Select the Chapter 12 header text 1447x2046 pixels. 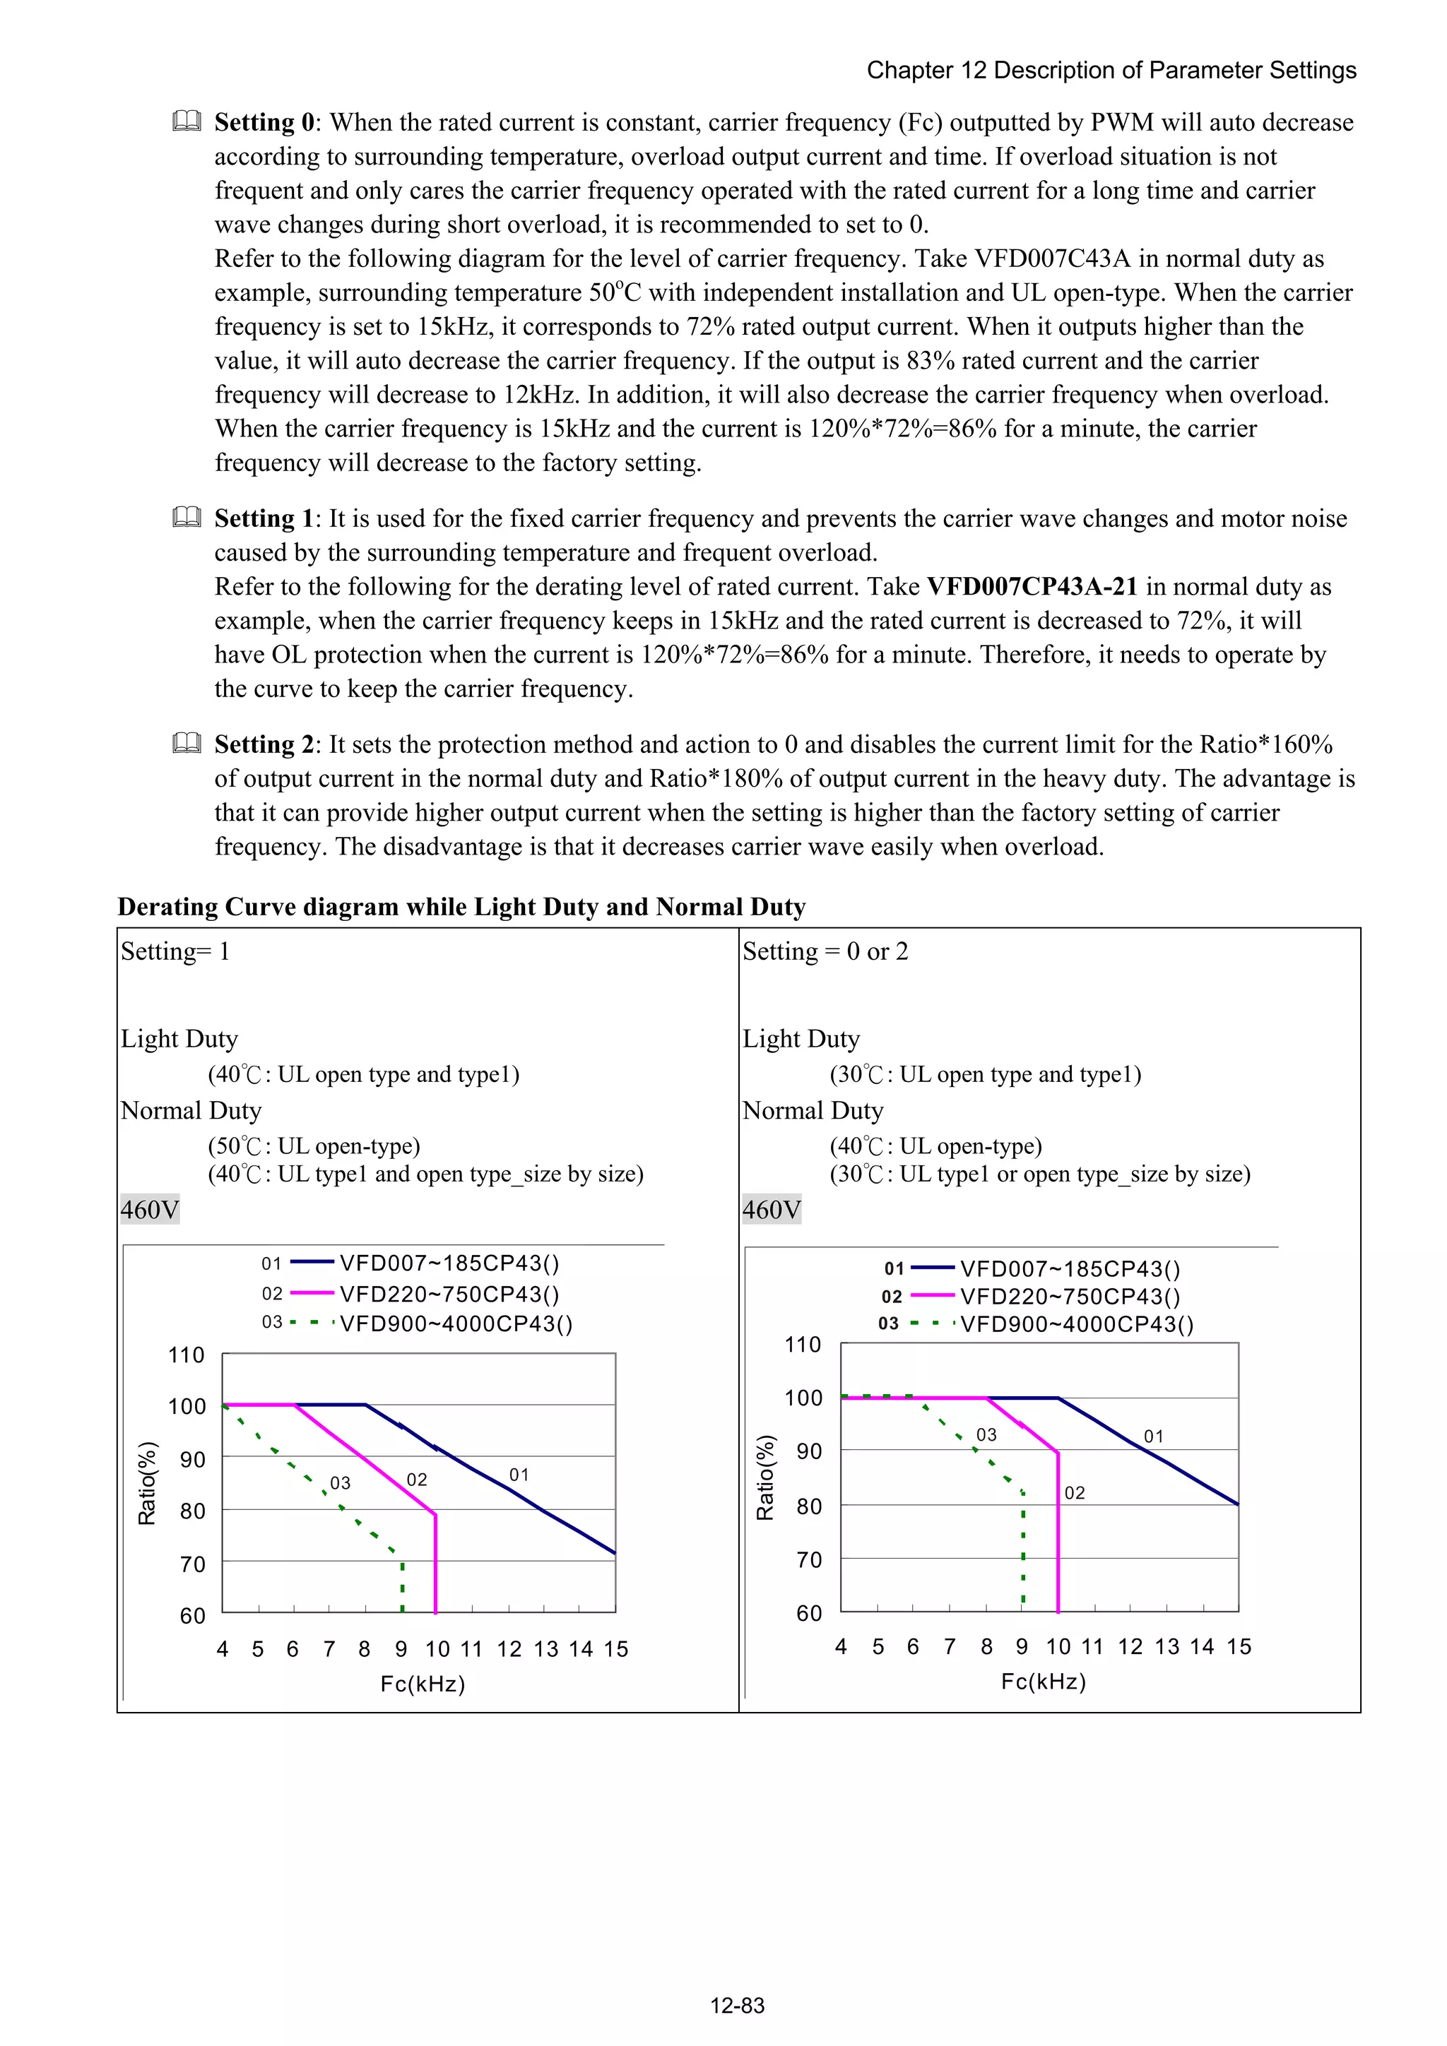tap(1111, 71)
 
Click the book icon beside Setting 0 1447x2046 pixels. tap(187, 121)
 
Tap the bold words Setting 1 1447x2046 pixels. tap(264, 518)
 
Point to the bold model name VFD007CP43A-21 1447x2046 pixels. tap(1032, 586)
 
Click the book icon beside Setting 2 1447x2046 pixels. tap(187, 743)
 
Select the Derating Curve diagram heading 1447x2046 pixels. tap(461, 906)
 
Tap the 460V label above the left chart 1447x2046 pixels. tap(150, 1209)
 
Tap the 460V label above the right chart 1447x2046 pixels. tap(772, 1209)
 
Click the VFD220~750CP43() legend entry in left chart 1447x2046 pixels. tap(449, 1294)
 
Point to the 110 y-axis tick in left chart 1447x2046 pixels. tap(187, 1355)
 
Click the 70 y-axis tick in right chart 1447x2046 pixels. tap(809, 1559)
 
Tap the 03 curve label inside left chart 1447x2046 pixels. tap(340, 1483)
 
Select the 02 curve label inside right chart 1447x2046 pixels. tap(1075, 1492)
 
